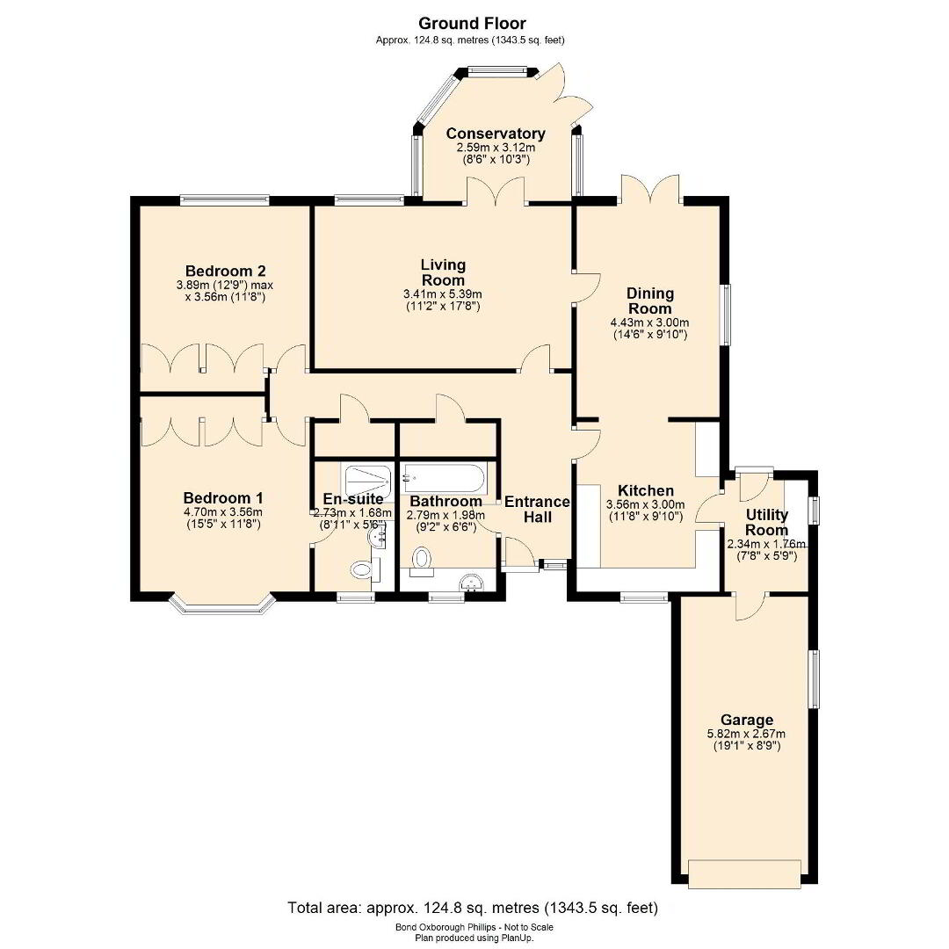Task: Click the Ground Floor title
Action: click(x=472, y=24)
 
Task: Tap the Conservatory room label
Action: click(x=496, y=134)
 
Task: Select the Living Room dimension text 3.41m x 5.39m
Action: click(x=442, y=294)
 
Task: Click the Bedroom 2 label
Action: click(x=226, y=271)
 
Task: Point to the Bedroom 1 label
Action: click(x=223, y=498)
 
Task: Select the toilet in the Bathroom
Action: click(x=421, y=558)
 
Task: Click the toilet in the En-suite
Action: click(x=363, y=569)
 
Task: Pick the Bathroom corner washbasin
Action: click(x=471, y=583)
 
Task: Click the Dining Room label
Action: click(x=649, y=301)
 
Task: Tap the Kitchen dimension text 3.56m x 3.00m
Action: click(x=645, y=504)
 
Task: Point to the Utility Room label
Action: click(x=767, y=522)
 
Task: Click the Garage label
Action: click(x=747, y=721)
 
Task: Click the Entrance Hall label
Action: click(x=538, y=509)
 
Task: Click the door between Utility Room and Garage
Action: click(x=751, y=606)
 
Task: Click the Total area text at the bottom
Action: click(x=473, y=907)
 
